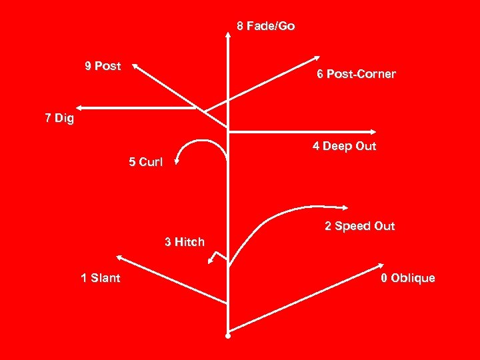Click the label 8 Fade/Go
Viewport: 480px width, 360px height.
(266, 27)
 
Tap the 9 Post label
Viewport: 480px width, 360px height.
(103, 66)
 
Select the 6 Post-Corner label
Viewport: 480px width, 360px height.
(356, 74)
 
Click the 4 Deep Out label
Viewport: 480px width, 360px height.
(344, 146)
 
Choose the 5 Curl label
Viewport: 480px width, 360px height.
(145, 162)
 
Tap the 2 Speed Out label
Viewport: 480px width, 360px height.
(359, 226)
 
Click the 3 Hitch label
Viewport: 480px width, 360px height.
(185, 242)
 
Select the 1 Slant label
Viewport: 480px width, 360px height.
(101, 278)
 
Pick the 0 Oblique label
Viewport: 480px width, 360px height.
(407, 278)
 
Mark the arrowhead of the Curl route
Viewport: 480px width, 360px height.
(178, 159)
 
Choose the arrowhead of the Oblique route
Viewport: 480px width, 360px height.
(381, 266)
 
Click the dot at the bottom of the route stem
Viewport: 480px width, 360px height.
(228, 335)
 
